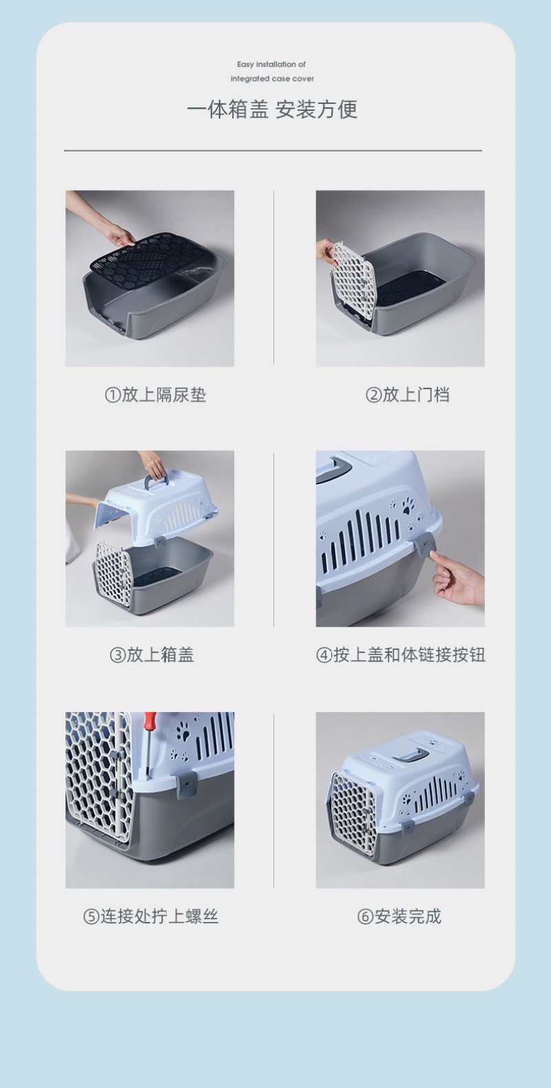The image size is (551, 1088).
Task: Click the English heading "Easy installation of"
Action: coord(271,64)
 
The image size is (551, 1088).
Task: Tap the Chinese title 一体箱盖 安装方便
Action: coord(272,109)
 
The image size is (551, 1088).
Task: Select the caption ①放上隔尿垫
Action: coord(156,395)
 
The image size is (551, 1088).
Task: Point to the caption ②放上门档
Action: coord(407,395)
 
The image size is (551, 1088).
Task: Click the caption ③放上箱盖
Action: coord(152,655)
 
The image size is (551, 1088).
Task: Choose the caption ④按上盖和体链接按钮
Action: coord(400,655)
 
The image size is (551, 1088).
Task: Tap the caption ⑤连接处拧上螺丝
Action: coord(151,916)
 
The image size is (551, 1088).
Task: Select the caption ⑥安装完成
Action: coord(399,916)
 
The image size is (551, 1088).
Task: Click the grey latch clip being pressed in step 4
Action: coord(424,544)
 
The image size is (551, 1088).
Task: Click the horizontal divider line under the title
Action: coord(273,151)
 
